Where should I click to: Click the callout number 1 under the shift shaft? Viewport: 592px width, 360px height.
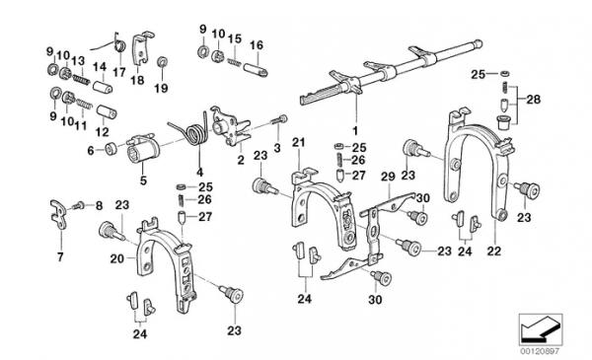click(354, 131)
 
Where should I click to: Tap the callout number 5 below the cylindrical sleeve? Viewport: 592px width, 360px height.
click(143, 180)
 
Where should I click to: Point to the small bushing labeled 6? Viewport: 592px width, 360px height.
click(111, 149)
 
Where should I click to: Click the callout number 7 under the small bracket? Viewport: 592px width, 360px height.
click(60, 257)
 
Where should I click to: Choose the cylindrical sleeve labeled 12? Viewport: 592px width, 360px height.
click(107, 111)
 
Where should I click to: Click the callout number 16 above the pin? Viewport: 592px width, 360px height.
click(256, 45)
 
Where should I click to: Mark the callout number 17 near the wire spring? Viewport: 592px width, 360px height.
click(119, 71)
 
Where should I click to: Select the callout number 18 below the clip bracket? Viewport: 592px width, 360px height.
click(138, 80)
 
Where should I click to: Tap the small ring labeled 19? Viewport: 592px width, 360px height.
click(163, 61)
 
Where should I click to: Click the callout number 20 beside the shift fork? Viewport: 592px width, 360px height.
click(117, 258)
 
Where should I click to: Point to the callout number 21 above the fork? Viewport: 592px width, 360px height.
click(298, 143)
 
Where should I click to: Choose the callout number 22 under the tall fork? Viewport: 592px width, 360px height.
click(494, 251)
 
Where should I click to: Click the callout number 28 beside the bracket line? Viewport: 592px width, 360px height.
click(534, 100)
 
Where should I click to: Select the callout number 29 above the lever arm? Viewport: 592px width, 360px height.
click(388, 177)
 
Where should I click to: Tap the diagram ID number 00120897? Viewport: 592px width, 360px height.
click(541, 351)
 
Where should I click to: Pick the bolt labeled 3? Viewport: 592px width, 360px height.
click(279, 119)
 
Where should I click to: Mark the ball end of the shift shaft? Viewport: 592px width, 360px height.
click(478, 43)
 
